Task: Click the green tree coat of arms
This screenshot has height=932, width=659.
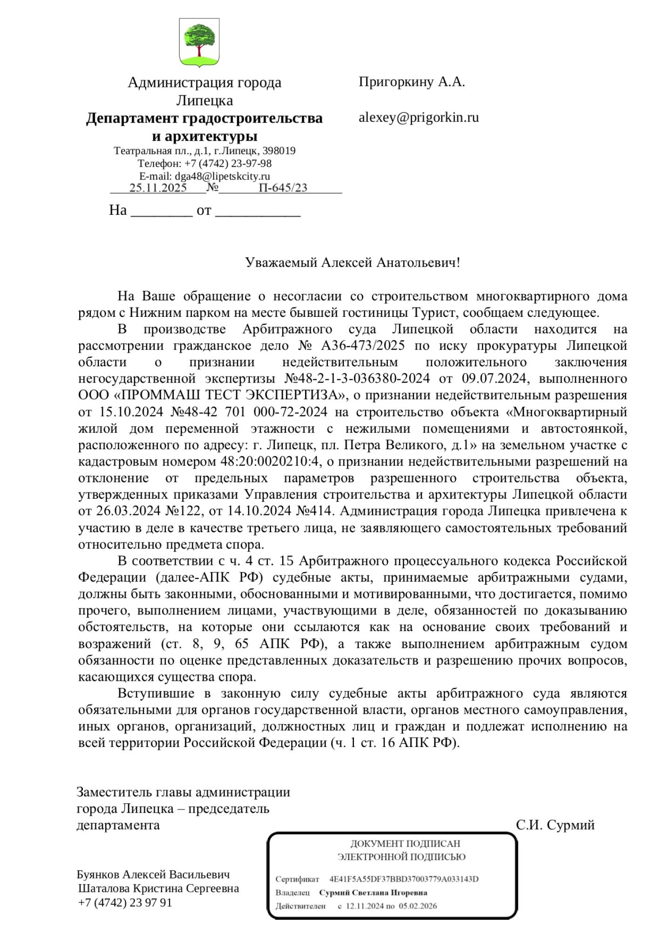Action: pyautogui.click(x=199, y=42)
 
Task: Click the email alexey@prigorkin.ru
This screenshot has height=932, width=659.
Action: pyautogui.click(x=418, y=117)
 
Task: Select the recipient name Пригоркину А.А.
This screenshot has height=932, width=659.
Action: pyautogui.click(x=412, y=82)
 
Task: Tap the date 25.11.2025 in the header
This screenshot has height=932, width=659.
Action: pyautogui.click(x=158, y=188)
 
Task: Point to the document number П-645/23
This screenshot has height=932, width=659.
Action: pyautogui.click(x=283, y=188)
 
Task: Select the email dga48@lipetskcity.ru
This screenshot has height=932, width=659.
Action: pyautogui.click(x=222, y=176)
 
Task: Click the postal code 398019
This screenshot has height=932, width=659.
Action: pyautogui.click(x=279, y=151)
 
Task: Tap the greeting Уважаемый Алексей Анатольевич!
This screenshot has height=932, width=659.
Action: pyautogui.click(x=353, y=263)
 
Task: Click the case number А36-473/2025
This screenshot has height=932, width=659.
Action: pyautogui.click(x=363, y=346)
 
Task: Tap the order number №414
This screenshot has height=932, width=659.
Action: pyautogui.click(x=315, y=511)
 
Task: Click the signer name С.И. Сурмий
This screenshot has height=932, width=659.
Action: pyautogui.click(x=555, y=825)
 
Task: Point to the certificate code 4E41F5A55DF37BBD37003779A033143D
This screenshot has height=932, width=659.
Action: pyautogui.click(x=404, y=879)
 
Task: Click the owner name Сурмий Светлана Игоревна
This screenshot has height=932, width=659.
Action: pyautogui.click(x=373, y=893)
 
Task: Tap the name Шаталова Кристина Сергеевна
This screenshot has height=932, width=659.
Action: pyautogui.click(x=158, y=888)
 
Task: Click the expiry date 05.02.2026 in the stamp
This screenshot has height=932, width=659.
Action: pyautogui.click(x=418, y=906)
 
